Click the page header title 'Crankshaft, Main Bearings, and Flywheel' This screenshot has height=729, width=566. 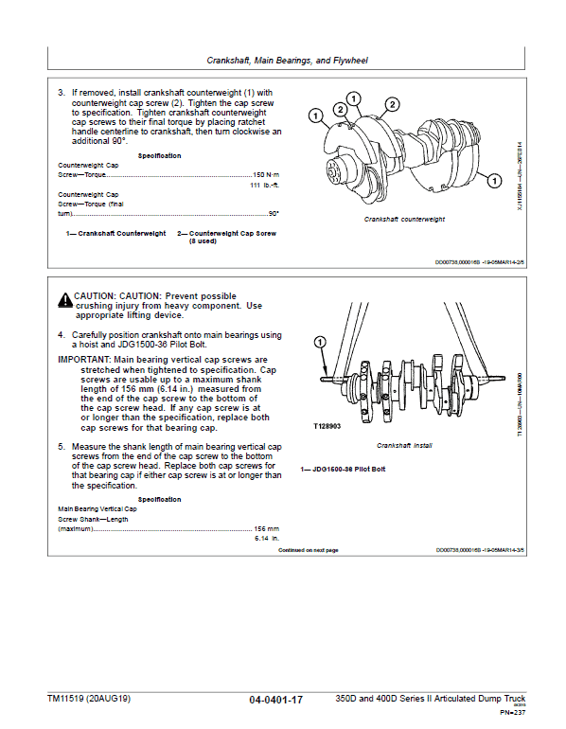(x=287, y=60)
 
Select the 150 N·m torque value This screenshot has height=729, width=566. (x=268, y=176)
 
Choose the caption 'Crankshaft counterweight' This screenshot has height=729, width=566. (x=405, y=219)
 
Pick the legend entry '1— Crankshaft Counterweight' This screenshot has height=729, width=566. (x=115, y=233)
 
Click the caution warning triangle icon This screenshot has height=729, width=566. (x=63, y=299)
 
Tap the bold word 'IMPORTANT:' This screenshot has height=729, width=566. (x=84, y=360)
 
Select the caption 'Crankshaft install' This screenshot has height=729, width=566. (x=404, y=445)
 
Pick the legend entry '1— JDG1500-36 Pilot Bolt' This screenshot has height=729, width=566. (x=342, y=469)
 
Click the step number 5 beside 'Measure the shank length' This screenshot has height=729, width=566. (x=61, y=445)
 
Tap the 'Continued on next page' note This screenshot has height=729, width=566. (x=308, y=550)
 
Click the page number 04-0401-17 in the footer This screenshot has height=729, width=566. (x=275, y=700)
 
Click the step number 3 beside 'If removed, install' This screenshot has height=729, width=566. (x=61, y=93)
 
